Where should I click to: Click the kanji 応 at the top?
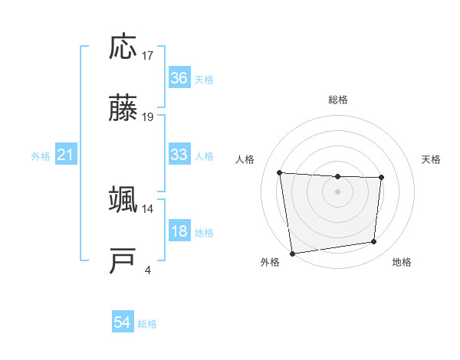point(124,47)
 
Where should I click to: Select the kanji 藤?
point(124,110)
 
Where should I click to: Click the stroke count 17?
point(148,55)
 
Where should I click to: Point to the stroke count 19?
point(148,117)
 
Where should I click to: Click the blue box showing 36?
point(179,78)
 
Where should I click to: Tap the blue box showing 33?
point(179,155)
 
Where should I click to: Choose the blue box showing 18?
point(179,232)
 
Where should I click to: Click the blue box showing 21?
point(66,155)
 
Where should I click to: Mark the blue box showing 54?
point(123,323)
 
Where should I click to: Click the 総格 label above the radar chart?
point(337,100)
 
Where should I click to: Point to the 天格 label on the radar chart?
point(432,159)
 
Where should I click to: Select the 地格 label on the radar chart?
point(402,263)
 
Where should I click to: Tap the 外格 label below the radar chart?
point(270,263)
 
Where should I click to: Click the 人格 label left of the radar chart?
point(245,159)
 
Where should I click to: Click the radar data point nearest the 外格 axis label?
point(292,253)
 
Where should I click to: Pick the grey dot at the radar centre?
point(337,191)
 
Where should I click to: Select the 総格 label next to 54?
point(147,324)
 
